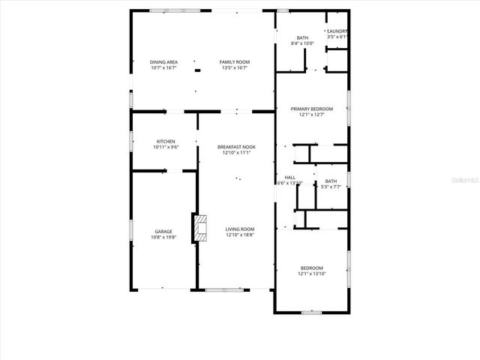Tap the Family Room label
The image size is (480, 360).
point(234,61)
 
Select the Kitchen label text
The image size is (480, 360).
point(166,142)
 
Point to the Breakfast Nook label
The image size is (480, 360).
point(235,147)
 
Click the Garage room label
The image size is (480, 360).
point(163,232)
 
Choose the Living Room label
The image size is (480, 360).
point(240,229)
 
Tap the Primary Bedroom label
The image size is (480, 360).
point(311,109)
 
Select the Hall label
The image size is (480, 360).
point(289,178)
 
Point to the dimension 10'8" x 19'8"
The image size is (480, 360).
point(163,238)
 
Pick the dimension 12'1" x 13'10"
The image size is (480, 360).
point(311,274)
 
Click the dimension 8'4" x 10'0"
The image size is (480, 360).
point(302,43)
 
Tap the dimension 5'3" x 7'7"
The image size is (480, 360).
point(331,187)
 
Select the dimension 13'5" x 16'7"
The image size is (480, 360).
point(234,67)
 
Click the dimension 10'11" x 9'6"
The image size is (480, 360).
point(166,148)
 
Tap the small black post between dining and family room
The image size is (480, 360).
point(197,71)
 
